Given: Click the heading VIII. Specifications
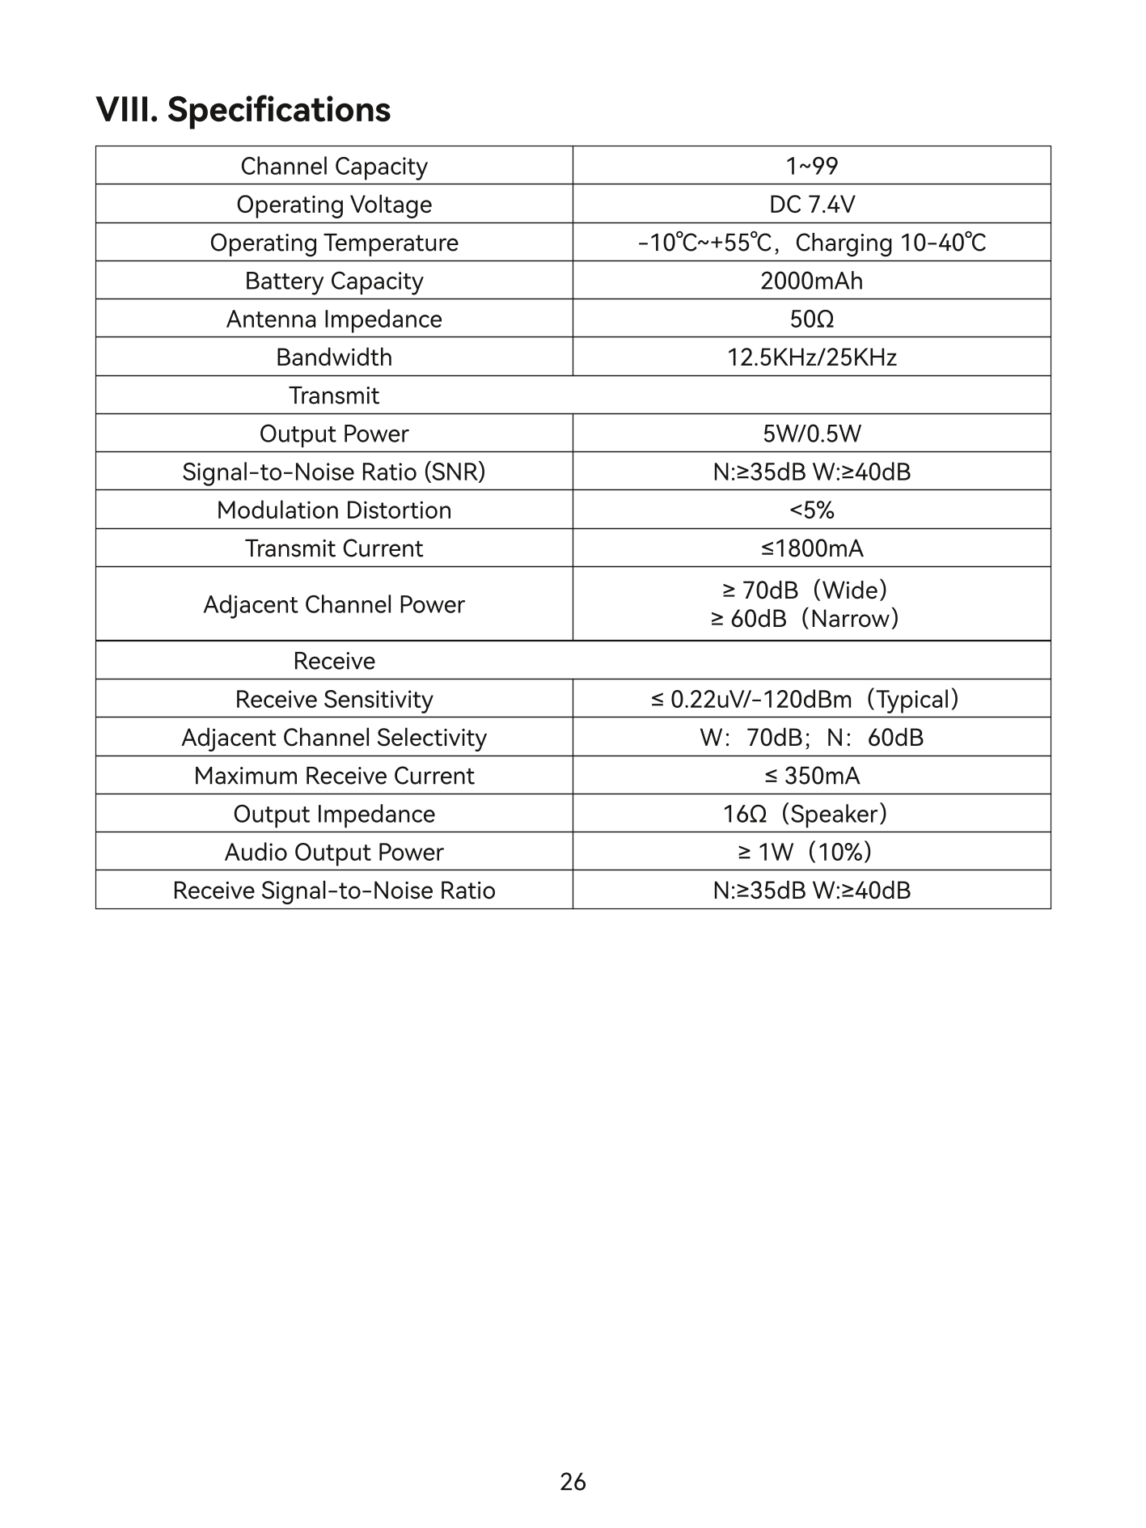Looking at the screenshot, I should (243, 110).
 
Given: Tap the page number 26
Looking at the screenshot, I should (573, 1482).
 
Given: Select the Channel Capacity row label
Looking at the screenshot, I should (333, 166).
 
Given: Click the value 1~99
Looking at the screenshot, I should (811, 166).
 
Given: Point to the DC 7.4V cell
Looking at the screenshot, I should (811, 204).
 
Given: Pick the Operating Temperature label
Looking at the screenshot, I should (333, 243).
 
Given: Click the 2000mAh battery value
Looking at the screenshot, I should (811, 281).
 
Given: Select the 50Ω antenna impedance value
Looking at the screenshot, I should (811, 319).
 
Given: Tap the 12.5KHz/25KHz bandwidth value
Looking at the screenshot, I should (811, 357).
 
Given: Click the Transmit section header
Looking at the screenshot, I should (333, 396).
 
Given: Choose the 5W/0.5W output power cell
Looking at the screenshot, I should (811, 434).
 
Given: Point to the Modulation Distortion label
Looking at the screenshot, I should (333, 510).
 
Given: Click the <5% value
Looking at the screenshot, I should (811, 510).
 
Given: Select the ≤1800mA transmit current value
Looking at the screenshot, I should (811, 548).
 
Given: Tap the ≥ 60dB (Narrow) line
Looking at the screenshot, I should (805, 619).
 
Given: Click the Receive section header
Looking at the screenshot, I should (333, 661).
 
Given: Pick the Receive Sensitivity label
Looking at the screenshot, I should (333, 699).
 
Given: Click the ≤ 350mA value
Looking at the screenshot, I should (811, 776).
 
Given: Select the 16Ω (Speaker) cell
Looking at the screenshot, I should (805, 814).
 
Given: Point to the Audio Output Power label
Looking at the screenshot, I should (333, 852).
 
